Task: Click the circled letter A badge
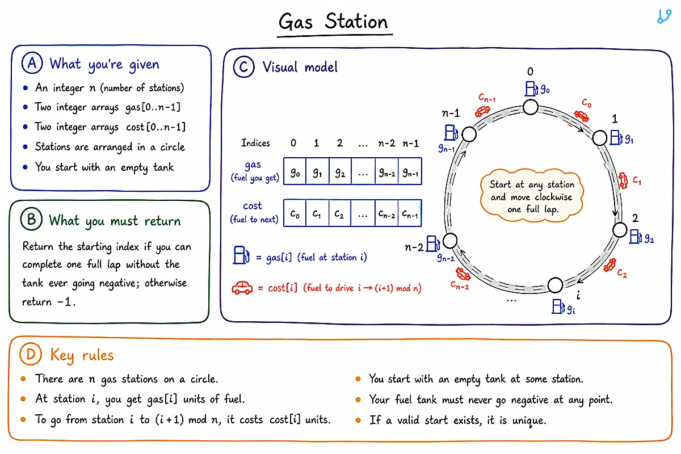click(32, 63)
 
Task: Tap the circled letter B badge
click(31, 219)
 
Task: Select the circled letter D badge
click(31, 354)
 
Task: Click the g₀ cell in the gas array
click(295, 171)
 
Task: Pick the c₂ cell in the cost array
click(340, 213)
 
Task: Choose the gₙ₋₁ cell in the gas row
click(410, 171)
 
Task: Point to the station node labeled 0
click(531, 107)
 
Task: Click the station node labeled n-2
click(450, 241)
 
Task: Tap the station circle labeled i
click(556, 285)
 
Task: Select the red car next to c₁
click(623, 180)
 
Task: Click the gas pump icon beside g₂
click(636, 236)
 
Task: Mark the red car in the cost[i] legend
click(242, 288)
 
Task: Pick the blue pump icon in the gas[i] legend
click(241, 255)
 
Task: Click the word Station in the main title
click(356, 22)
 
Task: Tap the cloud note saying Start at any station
click(532, 196)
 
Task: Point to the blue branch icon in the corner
click(664, 16)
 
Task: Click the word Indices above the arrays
click(256, 143)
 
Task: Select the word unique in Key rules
click(529, 421)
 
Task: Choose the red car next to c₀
click(581, 116)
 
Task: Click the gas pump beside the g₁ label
click(616, 137)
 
